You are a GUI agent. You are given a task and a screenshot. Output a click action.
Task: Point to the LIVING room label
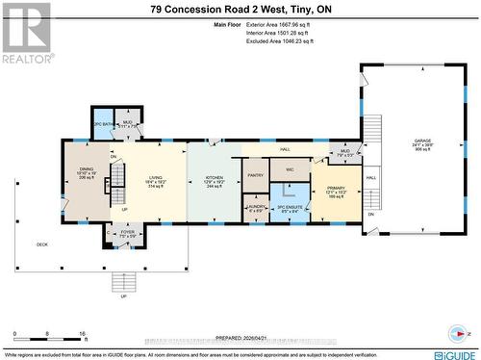coord(156,178)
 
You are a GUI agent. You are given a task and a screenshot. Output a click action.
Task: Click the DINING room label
coord(87,172)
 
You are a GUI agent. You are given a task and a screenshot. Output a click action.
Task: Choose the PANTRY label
coord(255,175)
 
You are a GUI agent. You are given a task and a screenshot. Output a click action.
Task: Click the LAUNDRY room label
coord(255,208)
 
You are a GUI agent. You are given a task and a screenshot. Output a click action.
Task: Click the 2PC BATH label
coord(103,124)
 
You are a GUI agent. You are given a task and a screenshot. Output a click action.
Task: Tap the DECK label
coord(41,244)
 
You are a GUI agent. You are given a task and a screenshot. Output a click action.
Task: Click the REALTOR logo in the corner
coord(26,33)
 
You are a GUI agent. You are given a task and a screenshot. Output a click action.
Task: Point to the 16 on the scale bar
coord(84,331)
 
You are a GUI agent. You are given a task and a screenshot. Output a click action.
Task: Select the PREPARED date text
coord(240,338)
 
